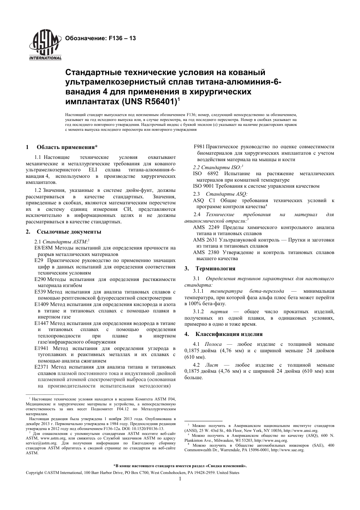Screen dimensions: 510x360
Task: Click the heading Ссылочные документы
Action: point(69,232)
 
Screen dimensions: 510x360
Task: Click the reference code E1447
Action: point(41,323)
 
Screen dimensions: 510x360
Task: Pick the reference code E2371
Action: point(41,367)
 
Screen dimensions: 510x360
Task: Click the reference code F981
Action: point(199,147)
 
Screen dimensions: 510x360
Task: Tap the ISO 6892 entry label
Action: point(203,174)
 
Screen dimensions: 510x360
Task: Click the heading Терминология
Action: point(215,268)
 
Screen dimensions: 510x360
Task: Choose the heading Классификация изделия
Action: point(229,334)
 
